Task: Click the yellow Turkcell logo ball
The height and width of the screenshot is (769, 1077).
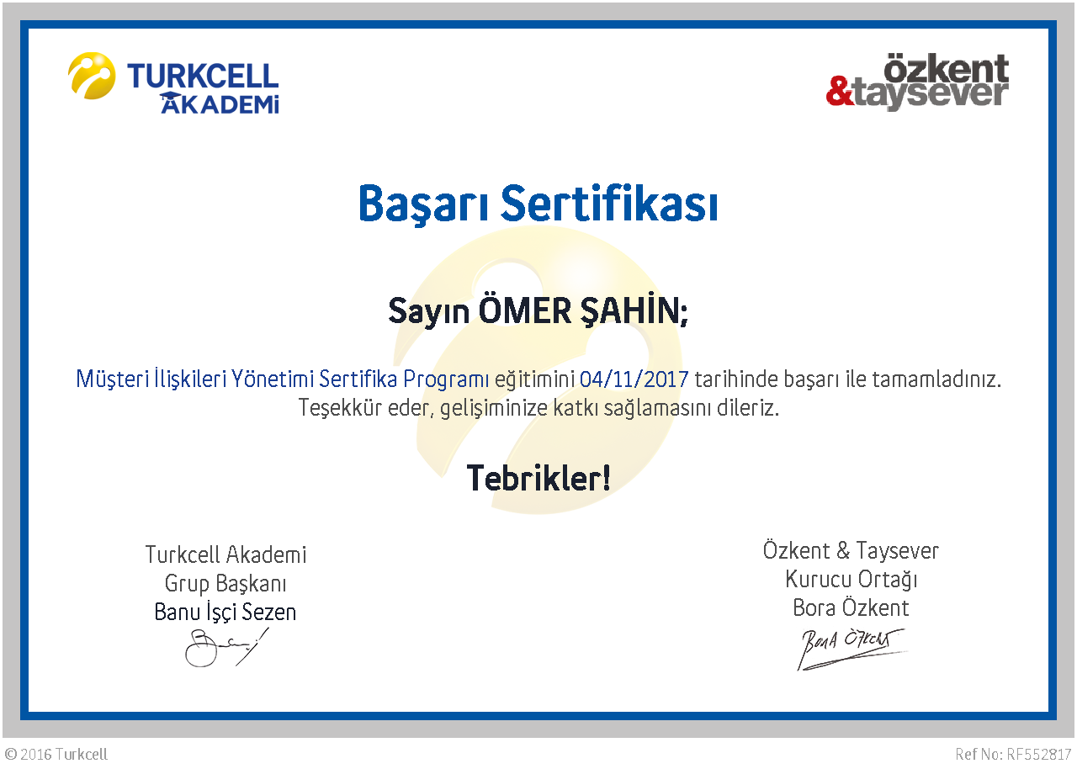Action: (92, 76)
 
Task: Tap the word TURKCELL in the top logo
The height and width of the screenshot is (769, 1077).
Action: (203, 76)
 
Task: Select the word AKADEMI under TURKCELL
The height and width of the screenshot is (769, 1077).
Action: (220, 103)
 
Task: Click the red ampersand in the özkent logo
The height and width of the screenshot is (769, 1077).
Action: (840, 91)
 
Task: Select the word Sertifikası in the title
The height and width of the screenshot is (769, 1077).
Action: (610, 203)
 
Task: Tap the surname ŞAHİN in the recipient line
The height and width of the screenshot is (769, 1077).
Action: (634, 310)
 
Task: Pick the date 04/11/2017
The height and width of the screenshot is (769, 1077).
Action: (634, 379)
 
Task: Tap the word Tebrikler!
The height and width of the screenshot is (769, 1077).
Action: (538, 479)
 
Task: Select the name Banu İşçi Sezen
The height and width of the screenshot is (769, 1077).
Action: (225, 613)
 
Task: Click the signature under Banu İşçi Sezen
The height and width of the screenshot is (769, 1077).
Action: (226, 647)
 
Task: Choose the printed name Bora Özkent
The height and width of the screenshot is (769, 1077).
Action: (851, 608)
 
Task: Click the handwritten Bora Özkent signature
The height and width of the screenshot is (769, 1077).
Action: (851, 649)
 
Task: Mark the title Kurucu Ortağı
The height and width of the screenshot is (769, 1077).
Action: (851, 580)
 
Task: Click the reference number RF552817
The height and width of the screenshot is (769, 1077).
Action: (1038, 754)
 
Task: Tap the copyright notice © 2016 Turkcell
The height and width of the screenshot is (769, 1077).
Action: (56, 754)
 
